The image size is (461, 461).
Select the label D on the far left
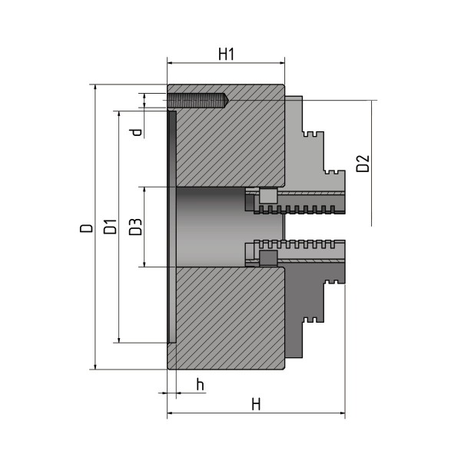click(86, 227)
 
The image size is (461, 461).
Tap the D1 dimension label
click(110, 227)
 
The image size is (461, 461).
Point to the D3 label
click(134, 227)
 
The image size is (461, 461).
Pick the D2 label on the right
click(363, 163)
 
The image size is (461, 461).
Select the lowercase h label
click(199, 384)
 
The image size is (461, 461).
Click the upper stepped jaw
click(315, 154)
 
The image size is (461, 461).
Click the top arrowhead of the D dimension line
click(95, 88)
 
